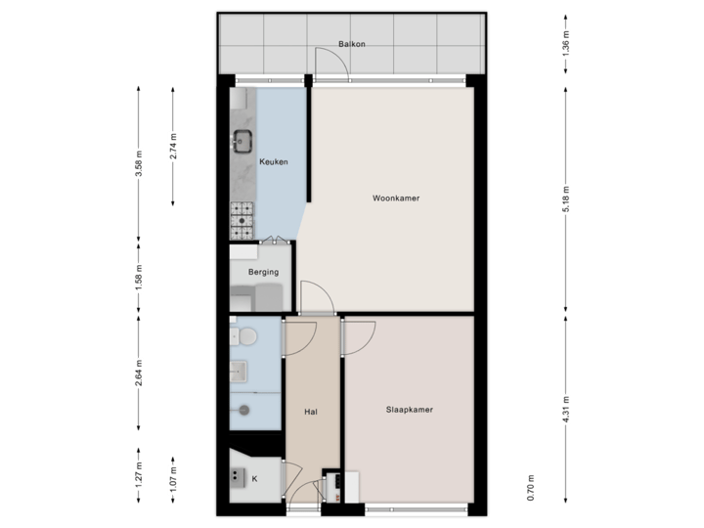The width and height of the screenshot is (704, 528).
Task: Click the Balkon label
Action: click(352, 45)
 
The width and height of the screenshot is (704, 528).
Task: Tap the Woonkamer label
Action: click(396, 198)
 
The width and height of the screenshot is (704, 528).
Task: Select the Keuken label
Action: click(273, 162)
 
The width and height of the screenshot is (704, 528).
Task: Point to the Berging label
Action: click(263, 272)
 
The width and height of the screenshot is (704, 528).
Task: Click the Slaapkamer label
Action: click(409, 411)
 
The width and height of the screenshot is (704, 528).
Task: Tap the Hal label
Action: click(311, 411)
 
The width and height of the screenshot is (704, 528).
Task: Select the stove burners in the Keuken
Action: click(242, 220)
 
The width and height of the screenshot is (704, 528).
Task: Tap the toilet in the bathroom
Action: click(247, 337)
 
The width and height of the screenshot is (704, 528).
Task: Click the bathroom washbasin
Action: click(240, 371)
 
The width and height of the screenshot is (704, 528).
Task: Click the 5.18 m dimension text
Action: click(566, 200)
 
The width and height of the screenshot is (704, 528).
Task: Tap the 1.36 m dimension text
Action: click(566, 45)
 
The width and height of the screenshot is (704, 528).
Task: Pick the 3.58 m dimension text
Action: click(139, 162)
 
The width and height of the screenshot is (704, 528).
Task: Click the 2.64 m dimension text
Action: click(139, 372)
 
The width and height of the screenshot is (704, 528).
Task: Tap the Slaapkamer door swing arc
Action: click(354, 337)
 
